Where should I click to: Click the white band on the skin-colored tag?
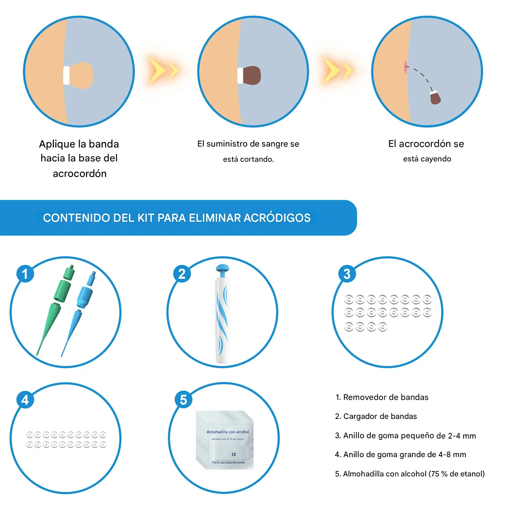coord(66,75)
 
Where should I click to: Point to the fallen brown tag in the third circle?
coord(435,98)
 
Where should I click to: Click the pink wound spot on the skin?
coord(405,67)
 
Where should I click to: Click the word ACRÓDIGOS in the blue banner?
coord(277,218)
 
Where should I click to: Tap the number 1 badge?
coord(25,274)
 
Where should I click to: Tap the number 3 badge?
coord(347,274)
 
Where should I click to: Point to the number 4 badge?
coord(25,400)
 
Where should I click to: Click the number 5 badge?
coord(183,400)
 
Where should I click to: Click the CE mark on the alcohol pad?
coord(234,454)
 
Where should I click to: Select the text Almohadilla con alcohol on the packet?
coord(227,432)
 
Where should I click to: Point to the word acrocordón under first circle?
coord(80,174)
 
